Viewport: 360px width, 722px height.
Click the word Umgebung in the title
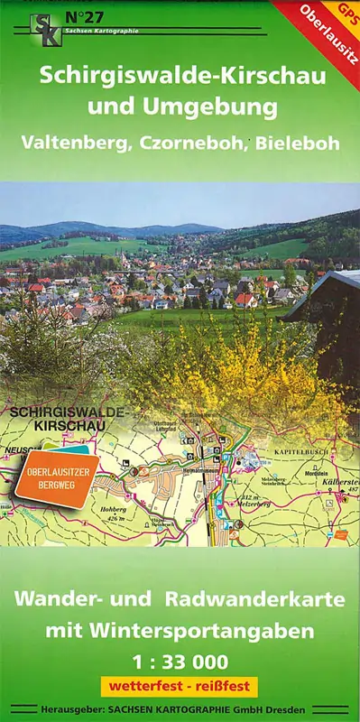(x=212, y=108)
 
